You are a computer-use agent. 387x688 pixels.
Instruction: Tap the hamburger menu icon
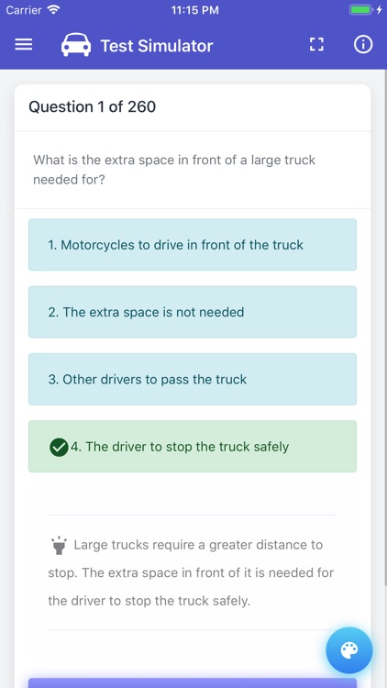point(24,45)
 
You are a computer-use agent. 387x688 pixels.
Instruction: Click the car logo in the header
point(76,45)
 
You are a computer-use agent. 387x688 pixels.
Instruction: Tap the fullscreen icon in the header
point(316,45)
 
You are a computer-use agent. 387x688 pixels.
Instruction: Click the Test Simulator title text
point(156,46)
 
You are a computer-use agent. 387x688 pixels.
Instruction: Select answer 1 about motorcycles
point(193,245)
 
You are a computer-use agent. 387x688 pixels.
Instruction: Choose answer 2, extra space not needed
point(193,312)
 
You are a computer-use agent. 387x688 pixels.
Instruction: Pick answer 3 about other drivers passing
point(193,379)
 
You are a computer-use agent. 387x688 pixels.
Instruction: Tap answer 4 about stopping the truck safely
point(193,447)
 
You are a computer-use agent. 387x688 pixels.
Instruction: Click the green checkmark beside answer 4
point(59,447)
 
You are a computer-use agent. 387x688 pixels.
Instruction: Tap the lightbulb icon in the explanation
point(59,546)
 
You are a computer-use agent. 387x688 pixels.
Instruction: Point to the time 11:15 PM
point(193,10)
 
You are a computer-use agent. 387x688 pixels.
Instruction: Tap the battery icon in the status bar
point(360,10)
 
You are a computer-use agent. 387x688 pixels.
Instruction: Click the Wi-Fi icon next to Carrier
point(53,10)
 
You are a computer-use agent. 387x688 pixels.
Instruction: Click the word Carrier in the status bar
point(24,10)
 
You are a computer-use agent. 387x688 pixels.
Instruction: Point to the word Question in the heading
point(61,106)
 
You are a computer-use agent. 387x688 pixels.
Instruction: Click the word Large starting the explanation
point(92,545)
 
